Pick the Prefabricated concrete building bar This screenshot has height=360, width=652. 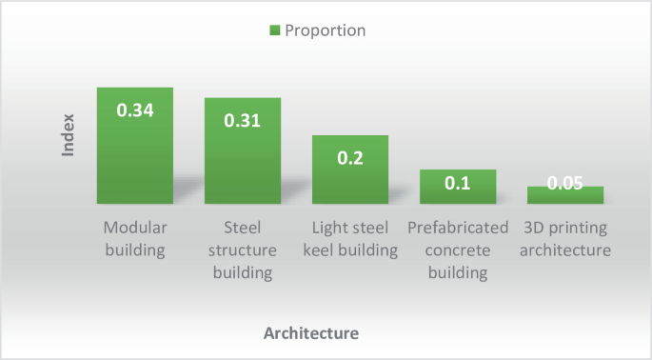coord(458,187)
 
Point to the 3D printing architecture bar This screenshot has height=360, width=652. coord(565,194)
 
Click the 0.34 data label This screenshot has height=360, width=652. coord(134,110)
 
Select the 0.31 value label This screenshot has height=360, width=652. coord(243,121)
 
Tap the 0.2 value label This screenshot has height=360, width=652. coord(350,157)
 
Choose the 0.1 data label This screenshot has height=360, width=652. coord(458,183)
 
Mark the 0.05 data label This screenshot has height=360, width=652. coord(565,184)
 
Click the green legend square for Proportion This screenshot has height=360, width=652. coord(275,30)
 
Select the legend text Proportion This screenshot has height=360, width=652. coord(326,30)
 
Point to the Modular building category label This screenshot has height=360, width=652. coord(134,239)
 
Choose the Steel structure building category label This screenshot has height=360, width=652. coord(243,250)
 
